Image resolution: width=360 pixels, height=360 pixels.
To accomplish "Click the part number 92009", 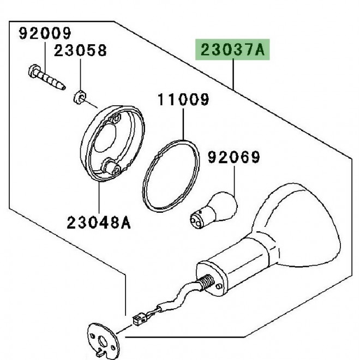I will pyautogui.click(x=45, y=34).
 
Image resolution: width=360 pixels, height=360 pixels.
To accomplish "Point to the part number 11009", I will pyautogui.click(x=184, y=100).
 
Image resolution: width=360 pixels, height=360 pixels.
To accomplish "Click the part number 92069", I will pyautogui.click(x=235, y=159).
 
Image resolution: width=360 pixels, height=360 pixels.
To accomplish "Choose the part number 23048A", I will pyautogui.click(x=100, y=222).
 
